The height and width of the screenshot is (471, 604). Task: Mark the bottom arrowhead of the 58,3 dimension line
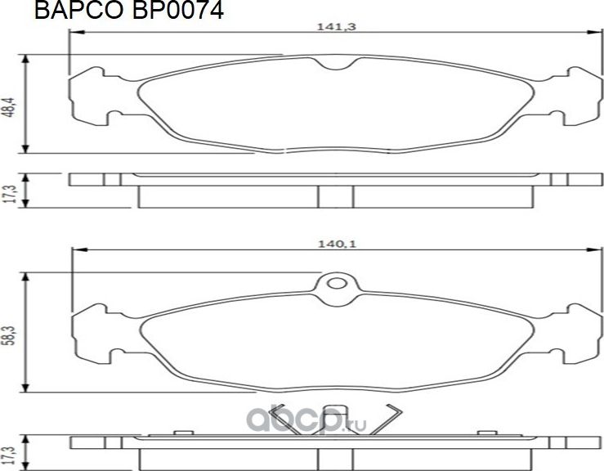point(28,387)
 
